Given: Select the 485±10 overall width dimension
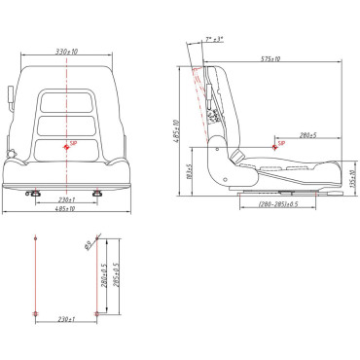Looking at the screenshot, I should point(66,208).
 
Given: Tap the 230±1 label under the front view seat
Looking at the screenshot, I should point(66,199).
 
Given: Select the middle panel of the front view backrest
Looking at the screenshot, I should point(66,125).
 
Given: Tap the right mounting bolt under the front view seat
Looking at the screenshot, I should point(97,192).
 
